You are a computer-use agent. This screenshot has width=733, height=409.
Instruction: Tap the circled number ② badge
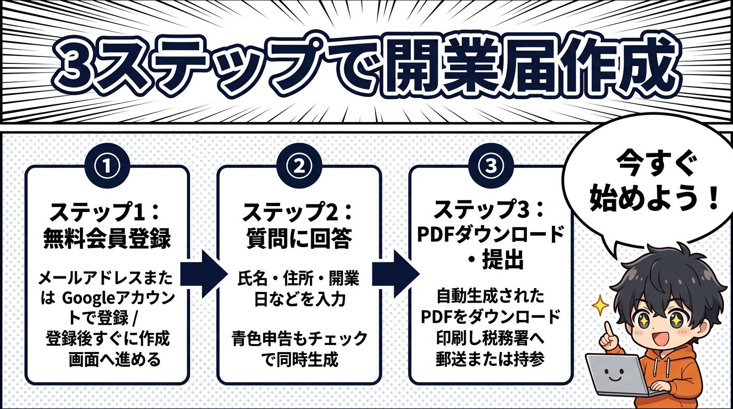pos(299,166)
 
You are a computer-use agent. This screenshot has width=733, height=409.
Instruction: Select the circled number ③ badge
pos(491,166)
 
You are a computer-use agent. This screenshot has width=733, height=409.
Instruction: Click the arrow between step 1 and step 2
pos(202,274)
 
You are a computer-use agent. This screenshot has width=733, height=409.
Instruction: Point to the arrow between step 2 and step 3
pos(394,274)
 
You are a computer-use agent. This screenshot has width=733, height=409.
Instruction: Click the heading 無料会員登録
pos(107,238)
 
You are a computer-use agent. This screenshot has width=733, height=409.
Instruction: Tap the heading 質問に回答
pos(299,238)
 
